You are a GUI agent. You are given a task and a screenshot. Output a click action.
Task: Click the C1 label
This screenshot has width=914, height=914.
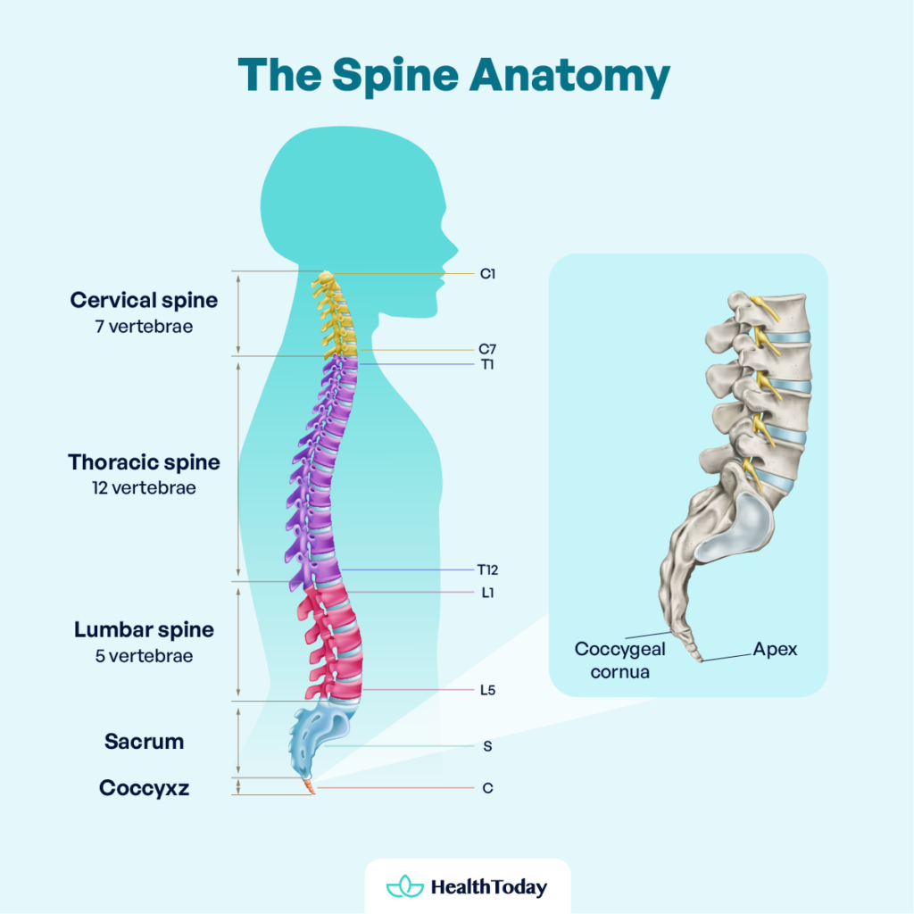tap(487, 274)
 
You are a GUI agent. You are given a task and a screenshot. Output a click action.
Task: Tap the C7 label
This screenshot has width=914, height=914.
tap(487, 350)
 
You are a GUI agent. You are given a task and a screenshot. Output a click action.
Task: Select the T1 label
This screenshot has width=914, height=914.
tap(487, 365)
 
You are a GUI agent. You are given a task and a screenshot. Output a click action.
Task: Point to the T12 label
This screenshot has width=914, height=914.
tap(486, 569)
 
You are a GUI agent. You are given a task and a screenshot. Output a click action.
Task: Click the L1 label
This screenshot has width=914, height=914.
tap(487, 592)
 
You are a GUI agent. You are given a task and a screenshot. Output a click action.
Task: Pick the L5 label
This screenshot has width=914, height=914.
tap(487, 690)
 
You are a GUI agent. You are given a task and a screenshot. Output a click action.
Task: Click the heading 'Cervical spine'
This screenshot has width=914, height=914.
tap(144, 300)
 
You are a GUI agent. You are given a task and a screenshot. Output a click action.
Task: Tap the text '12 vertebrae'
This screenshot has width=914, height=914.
tap(144, 488)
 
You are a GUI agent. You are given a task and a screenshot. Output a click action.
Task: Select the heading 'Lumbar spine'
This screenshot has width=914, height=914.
tap(144, 629)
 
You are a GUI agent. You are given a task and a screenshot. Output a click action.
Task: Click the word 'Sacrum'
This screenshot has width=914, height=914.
tap(144, 742)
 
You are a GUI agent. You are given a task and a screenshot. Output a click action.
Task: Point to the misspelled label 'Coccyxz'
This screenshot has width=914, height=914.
tap(144, 788)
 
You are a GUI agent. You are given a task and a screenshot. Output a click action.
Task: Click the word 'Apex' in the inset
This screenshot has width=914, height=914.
tap(775, 649)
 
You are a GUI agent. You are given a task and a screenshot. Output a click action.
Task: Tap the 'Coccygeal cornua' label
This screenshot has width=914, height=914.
tap(619, 660)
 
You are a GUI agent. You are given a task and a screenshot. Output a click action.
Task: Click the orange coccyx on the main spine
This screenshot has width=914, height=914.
tap(309, 786)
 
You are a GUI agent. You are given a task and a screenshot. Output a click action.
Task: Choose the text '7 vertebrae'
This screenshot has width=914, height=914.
tap(144, 326)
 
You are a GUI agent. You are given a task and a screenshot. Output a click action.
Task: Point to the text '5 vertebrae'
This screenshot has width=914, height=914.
tap(144, 656)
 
